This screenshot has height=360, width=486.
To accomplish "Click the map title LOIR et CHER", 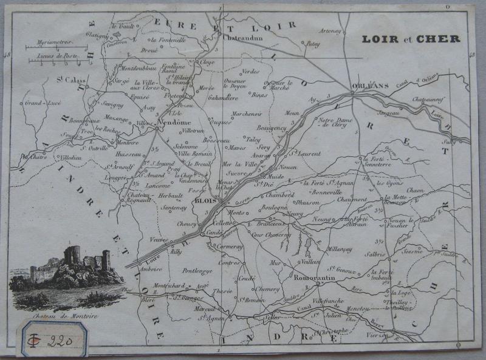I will coord(411,39).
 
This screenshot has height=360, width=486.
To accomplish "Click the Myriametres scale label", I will coord(52,42).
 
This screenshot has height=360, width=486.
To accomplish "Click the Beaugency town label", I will coord(272,128).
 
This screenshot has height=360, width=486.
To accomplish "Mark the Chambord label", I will coord(280,195).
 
